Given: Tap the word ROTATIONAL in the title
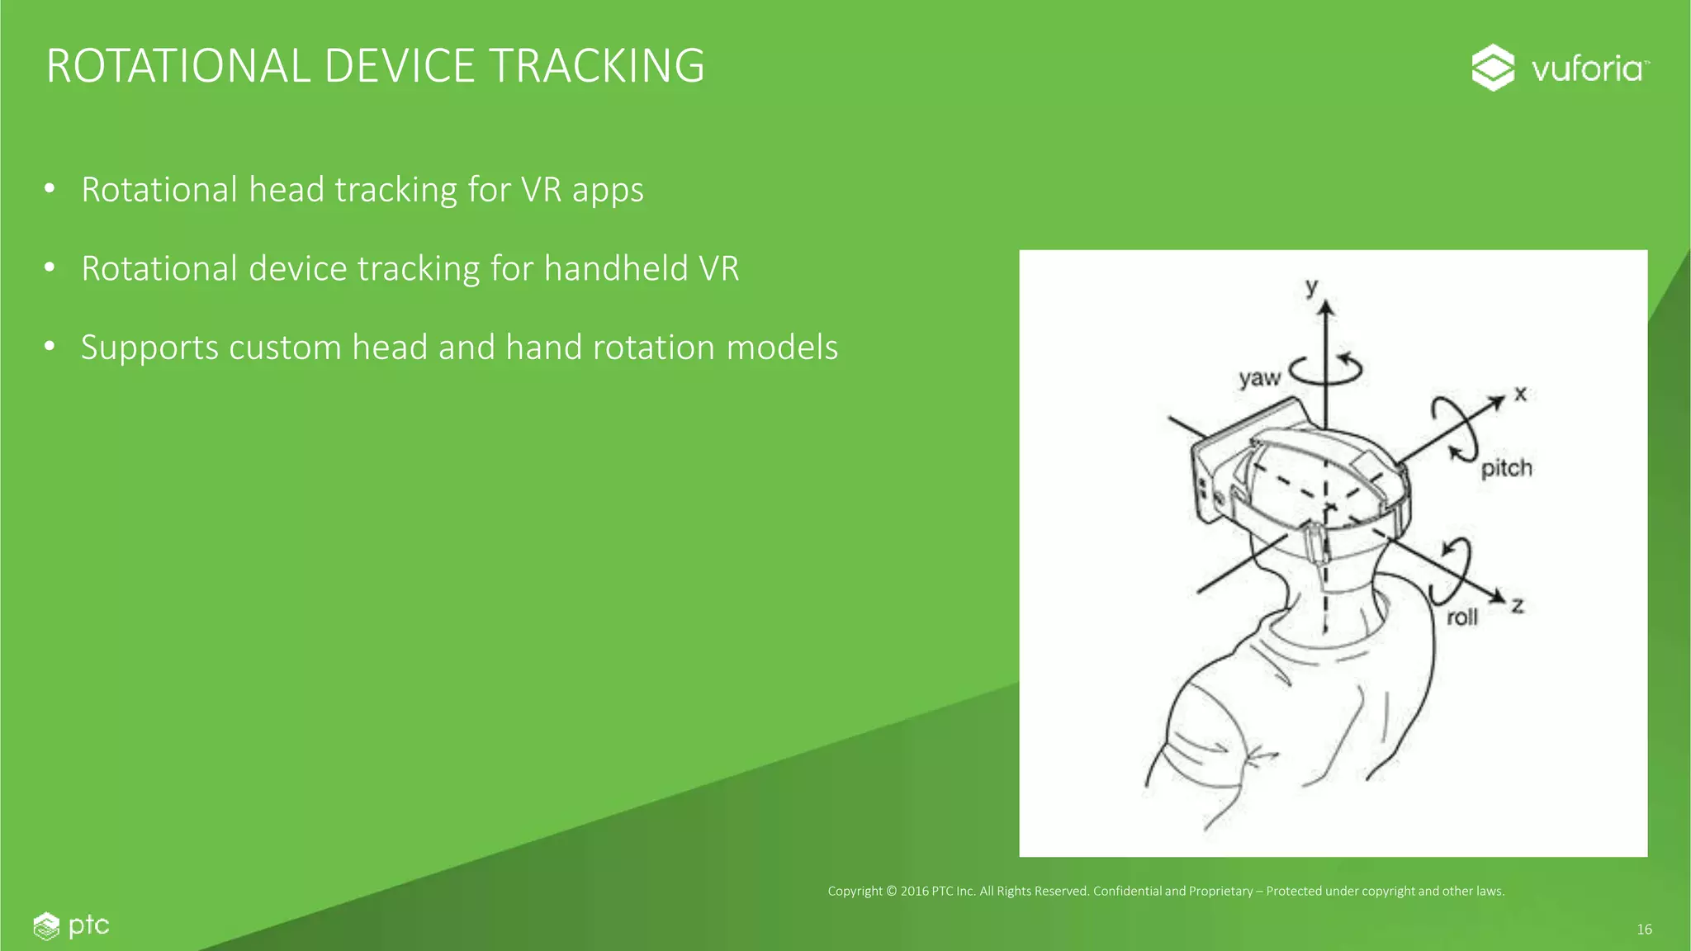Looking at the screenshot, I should [x=178, y=66].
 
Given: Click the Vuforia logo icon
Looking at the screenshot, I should [x=1493, y=68].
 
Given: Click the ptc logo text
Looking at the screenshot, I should [x=88, y=925].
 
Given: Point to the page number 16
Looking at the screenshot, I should [x=1644, y=930].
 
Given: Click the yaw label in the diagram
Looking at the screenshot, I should [x=1259, y=378].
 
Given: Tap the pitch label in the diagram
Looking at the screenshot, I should [x=1506, y=469].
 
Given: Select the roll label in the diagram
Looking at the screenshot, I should [x=1461, y=617].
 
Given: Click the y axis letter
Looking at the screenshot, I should [x=1312, y=286].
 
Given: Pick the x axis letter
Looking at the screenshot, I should [x=1520, y=394].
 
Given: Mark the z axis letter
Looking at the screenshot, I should [x=1518, y=606].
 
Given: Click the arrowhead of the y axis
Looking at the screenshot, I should [x=1326, y=308].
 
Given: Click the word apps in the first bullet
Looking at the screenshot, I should [x=607, y=191].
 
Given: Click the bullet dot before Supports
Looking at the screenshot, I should [x=50, y=347].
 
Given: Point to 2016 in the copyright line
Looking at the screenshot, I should [x=914, y=891].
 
